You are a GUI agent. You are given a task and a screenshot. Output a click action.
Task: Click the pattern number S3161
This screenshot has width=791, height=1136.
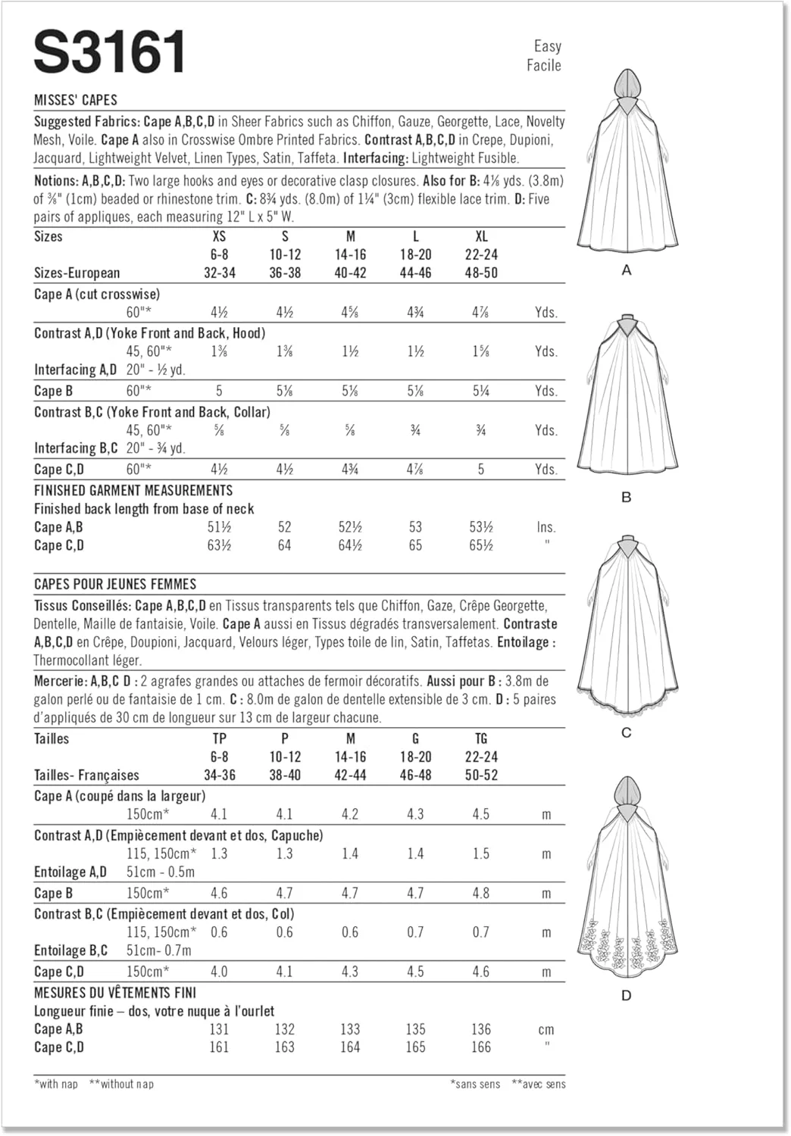[110, 52]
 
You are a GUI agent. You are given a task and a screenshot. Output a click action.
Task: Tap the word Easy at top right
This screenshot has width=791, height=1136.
[547, 46]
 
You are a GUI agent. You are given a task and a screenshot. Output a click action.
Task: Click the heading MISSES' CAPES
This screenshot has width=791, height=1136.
[76, 100]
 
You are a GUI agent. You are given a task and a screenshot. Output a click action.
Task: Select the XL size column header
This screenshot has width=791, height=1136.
[481, 236]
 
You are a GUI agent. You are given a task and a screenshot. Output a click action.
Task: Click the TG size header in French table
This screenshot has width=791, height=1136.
[481, 738]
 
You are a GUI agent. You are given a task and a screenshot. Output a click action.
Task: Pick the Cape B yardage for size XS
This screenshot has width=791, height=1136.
[219, 391]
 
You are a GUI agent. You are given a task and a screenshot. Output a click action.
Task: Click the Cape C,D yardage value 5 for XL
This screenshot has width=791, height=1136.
[481, 470]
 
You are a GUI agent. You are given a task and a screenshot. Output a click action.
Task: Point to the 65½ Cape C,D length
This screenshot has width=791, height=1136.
[481, 545]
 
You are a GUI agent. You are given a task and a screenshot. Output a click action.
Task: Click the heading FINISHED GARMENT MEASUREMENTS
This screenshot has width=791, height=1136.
[133, 491]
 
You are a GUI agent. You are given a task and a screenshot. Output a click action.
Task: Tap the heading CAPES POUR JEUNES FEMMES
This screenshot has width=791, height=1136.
[115, 585]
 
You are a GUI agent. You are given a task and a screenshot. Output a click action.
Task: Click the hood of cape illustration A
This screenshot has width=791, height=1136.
[627, 83]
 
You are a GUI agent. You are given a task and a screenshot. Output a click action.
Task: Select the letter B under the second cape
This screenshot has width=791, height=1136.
[627, 498]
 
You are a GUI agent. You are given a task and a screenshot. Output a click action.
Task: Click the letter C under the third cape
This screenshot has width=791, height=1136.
[627, 732]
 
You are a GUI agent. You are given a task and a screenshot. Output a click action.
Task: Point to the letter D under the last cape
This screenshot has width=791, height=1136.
[627, 995]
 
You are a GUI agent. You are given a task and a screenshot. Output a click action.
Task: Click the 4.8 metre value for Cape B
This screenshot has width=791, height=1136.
[481, 893]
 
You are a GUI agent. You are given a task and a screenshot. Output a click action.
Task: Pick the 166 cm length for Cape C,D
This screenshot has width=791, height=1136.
[481, 1047]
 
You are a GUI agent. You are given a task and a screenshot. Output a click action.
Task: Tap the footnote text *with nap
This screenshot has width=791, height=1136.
[56, 1084]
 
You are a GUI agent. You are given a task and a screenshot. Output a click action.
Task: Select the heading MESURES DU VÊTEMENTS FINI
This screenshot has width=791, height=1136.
[115, 992]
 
